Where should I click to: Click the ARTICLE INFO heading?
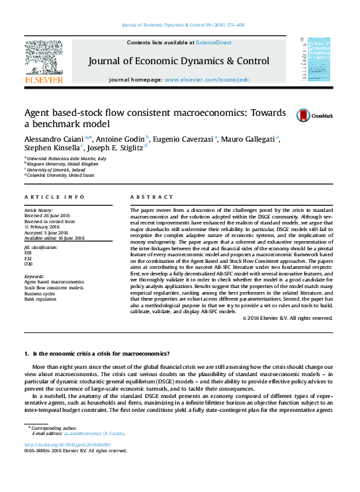pos(54,197)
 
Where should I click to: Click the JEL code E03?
pos(28,252)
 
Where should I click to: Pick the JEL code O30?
pos(28,263)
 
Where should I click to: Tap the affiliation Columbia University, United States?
pos(61,175)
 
